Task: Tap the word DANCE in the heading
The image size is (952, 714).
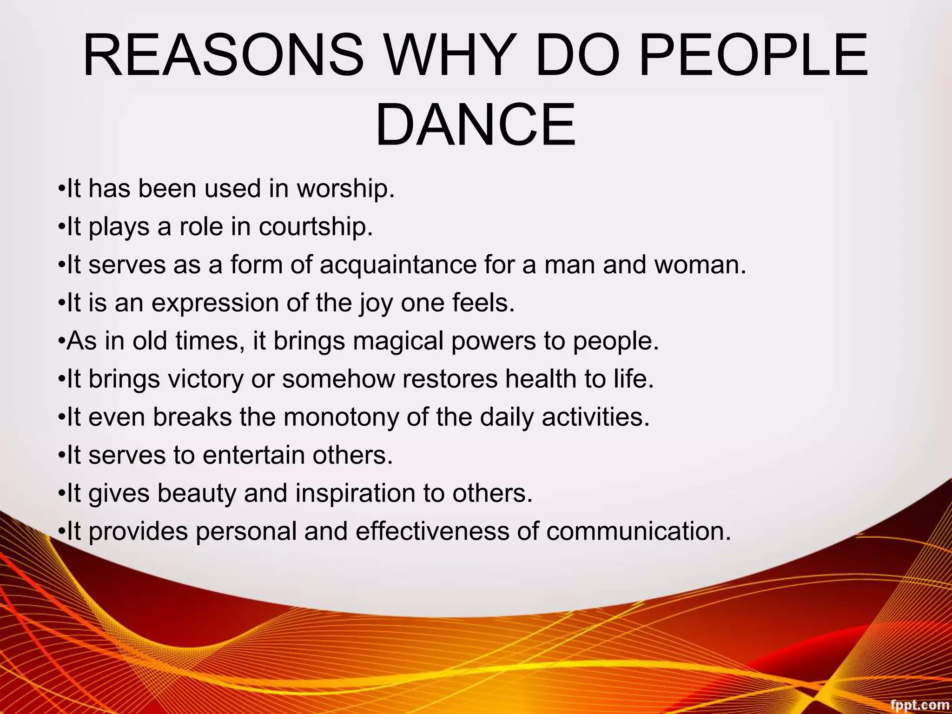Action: (475, 125)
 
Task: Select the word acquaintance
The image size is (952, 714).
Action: (398, 265)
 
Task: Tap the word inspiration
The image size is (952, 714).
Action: (355, 493)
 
